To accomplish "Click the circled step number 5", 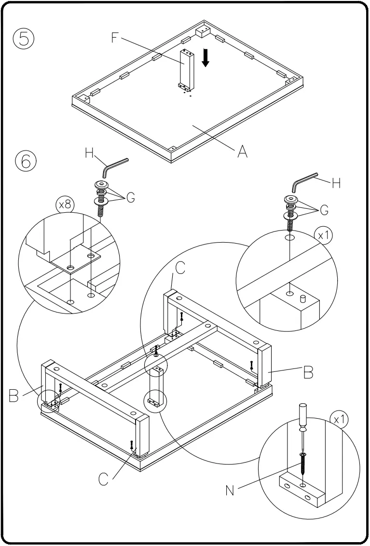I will pyautogui.click(x=23, y=39).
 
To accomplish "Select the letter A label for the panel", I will pyautogui.click(x=242, y=151).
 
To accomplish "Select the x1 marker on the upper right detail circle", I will pyautogui.click(x=323, y=235).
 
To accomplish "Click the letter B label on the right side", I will pyautogui.click(x=308, y=372).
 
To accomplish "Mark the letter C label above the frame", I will pyautogui.click(x=180, y=269).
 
